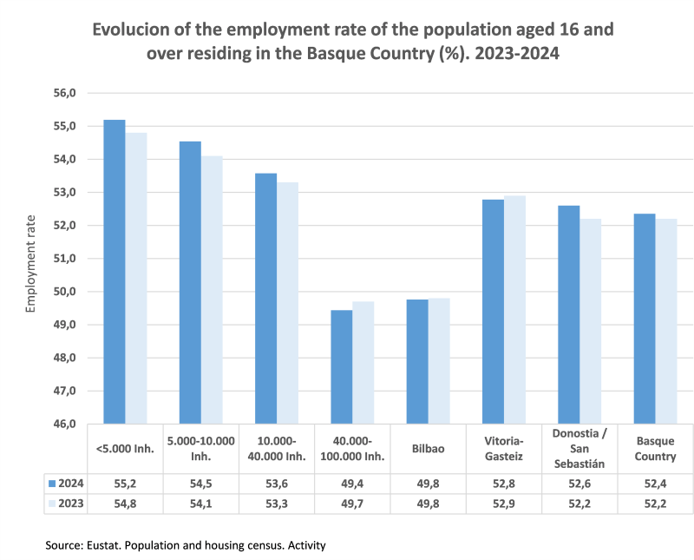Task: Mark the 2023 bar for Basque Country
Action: tap(666, 321)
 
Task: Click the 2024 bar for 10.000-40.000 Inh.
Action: tap(265, 299)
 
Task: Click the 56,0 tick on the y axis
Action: tap(67, 93)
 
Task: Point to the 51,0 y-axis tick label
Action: tap(67, 259)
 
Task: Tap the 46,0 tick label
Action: tap(67, 424)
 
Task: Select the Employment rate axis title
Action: tap(30, 262)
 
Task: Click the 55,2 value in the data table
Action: tap(127, 483)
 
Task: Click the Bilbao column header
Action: tap(429, 448)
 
